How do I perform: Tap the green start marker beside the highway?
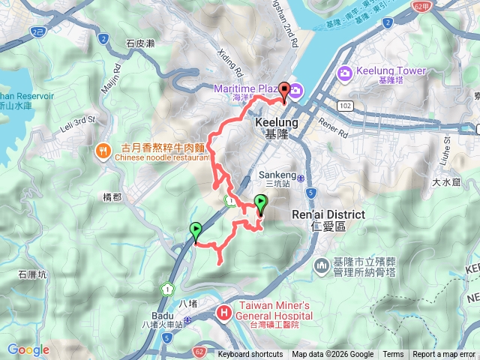click(x=196, y=231)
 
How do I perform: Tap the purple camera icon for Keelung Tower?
click(x=344, y=73)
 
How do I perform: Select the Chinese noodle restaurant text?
click(x=161, y=158)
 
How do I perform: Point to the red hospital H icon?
click(x=223, y=313)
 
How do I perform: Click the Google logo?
click(x=28, y=349)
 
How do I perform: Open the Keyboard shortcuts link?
click(x=250, y=355)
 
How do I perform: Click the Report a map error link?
click(x=445, y=355)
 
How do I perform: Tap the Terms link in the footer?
click(x=393, y=355)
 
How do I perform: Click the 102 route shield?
click(x=344, y=106)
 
